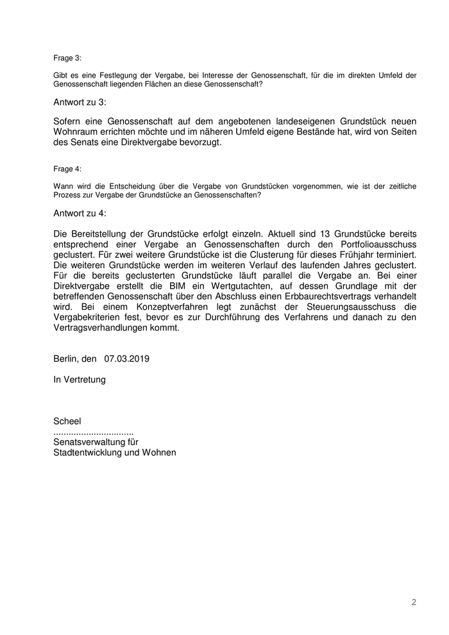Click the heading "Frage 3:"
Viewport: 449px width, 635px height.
[x=67, y=58]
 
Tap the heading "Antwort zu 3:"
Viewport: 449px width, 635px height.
[x=80, y=102]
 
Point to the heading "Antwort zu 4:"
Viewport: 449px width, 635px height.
[x=80, y=213]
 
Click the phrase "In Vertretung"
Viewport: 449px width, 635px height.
[x=80, y=379]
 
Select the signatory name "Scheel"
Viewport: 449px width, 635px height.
[x=67, y=421]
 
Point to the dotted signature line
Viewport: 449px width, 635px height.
[x=94, y=431]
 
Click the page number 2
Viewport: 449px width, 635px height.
[x=414, y=602]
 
